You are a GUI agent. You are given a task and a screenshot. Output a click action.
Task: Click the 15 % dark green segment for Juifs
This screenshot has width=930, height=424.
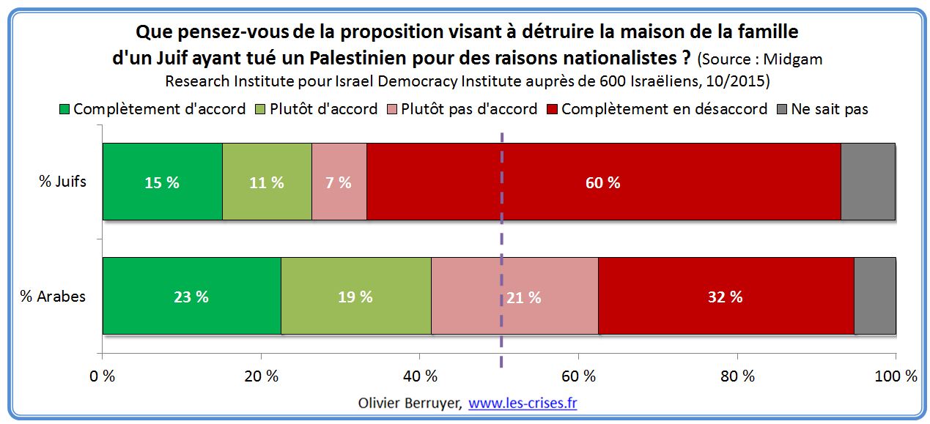pyautogui.click(x=162, y=182)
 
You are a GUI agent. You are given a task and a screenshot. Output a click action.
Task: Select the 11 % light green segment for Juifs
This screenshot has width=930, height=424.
pyautogui.click(x=267, y=182)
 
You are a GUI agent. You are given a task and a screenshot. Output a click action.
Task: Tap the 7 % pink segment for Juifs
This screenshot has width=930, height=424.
pyautogui.click(x=339, y=182)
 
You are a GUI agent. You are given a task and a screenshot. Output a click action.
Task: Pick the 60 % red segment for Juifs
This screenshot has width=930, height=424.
pyautogui.click(x=602, y=182)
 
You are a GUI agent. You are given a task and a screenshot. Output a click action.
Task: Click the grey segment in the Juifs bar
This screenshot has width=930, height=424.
pyautogui.click(x=868, y=182)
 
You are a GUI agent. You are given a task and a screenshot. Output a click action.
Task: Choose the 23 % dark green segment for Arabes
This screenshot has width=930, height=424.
pyautogui.click(x=191, y=296)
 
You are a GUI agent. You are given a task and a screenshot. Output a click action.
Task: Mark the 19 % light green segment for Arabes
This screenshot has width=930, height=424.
pyautogui.click(x=355, y=296)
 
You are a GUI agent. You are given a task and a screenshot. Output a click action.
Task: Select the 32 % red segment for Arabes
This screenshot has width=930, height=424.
pyautogui.click(x=726, y=296)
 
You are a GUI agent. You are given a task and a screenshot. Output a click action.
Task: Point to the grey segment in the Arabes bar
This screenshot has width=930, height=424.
pyautogui.click(x=874, y=296)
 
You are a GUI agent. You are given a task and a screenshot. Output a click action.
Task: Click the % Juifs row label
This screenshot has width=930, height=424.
pyautogui.click(x=63, y=182)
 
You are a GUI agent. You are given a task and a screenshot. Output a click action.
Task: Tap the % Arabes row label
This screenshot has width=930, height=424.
pyautogui.click(x=53, y=297)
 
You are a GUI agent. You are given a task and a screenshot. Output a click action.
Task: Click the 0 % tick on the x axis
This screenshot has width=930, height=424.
pyautogui.click(x=102, y=376)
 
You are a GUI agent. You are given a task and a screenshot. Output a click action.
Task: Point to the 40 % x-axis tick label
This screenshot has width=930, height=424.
pyautogui.click(x=420, y=376)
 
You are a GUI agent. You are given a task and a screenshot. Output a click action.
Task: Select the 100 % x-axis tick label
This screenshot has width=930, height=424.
pyautogui.click(x=896, y=376)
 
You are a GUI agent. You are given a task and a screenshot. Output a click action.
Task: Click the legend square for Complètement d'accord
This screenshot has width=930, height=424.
pyautogui.click(x=64, y=110)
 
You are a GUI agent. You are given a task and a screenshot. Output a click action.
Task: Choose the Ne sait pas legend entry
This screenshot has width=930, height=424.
pyautogui.click(x=830, y=109)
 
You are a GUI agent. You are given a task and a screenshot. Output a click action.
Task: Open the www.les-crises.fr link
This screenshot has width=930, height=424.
pyautogui.click(x=523, y=403)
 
